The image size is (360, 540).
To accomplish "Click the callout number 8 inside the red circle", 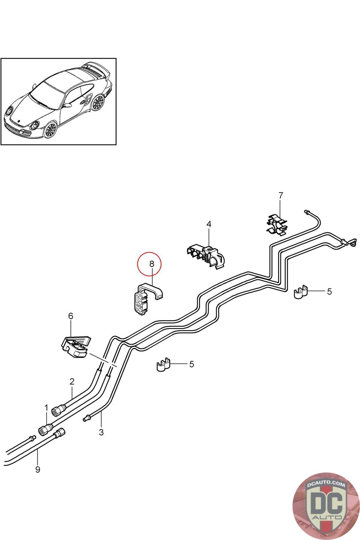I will pyautogui.click(x=151, y=264).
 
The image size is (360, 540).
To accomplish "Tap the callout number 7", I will pyautogui.click(x=281, y=195).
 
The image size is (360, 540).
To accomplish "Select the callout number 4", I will pyautogui.click(x=209, y=224).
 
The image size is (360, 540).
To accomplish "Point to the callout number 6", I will pyautogui.click(x=71, y=316).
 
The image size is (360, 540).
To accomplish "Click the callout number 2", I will pyautogui.click(x=72, y=381).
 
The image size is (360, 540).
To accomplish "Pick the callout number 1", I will pyautogui.click(x=47, y=408).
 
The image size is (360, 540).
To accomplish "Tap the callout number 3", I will pyautogui.click(x=101, y=432).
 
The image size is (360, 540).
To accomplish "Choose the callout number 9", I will pyautogui.click(x=37, y=469).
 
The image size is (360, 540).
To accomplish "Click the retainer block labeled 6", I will pyautogui.click(x=76, y=346).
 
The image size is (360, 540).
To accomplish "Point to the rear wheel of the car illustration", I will pyautogui.click(x=98, y=102).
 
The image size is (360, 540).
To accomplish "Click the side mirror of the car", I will pyautogui.click(x=67, y=106).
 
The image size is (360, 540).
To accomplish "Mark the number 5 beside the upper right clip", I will pyautogui.click(x=329, y=291).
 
